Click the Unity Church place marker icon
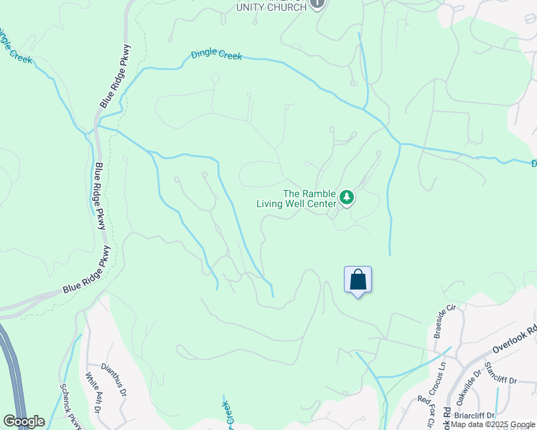point(317,4)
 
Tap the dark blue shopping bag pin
point(358,279)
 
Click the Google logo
point(24,421)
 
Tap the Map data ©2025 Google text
point(492,424)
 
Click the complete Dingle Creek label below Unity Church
point(216,55)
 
